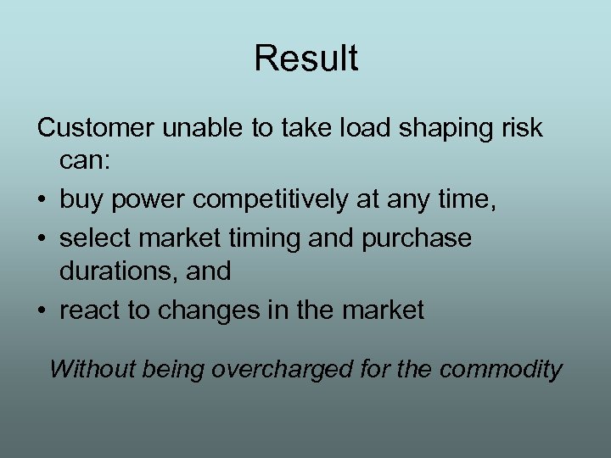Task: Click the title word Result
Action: tap(305, 59)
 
